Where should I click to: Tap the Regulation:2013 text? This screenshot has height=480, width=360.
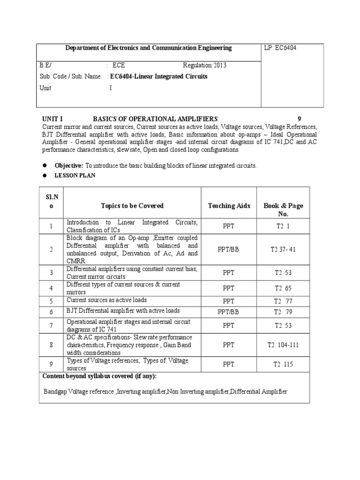(204, 66)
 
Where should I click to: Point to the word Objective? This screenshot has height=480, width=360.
(69, 166)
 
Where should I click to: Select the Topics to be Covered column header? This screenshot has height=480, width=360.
(132, 206)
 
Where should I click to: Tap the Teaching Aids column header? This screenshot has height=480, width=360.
(229, 206)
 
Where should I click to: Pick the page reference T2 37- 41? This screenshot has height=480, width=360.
(283, 249)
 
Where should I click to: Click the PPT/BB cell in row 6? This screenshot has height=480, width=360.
(228, 311)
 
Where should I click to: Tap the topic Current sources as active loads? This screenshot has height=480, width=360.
(107, 300)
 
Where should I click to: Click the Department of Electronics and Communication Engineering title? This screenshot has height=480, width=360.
(148, 48)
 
